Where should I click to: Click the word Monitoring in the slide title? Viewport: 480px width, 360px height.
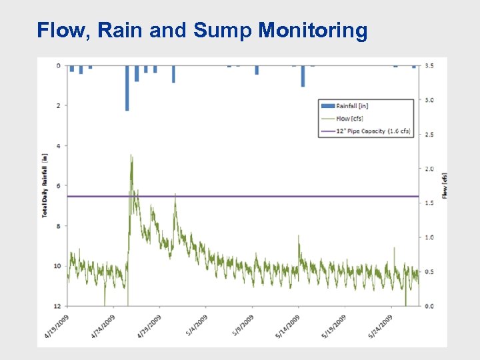tap(313, 31)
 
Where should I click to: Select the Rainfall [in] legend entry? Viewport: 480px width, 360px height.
tap(352, 105)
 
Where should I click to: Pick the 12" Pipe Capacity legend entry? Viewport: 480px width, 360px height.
tap(373, 131)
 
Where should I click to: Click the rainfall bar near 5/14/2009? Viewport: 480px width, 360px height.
tap(303, 76)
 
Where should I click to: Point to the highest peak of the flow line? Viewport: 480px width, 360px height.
tap(131, 157)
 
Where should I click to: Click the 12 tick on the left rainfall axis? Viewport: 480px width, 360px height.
tap(57, 306)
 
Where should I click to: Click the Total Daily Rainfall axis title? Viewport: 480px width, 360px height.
tap(45, 186)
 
